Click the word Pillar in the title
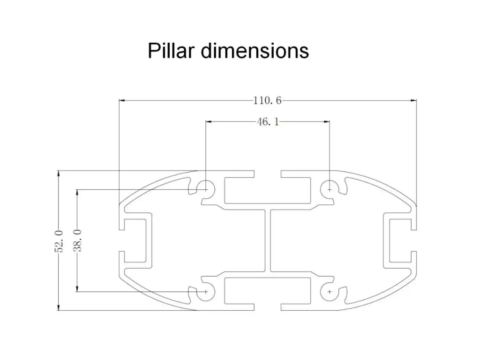pos(172,51)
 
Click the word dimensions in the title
pos(255,51)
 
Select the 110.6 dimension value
pos(267,100)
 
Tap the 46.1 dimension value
pos(268,122)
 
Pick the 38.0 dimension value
pos(77,240)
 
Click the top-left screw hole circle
pos(206,189)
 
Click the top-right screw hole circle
pos(330,189)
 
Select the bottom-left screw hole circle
pos(206,292)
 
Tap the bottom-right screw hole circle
pos(330,292)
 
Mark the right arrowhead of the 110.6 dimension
pos(413,100)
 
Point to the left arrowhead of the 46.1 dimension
pos(209,121)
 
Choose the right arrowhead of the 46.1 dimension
pos(326,121)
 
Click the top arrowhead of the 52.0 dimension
pos(58,173)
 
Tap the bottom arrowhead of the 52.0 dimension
pos(58,307)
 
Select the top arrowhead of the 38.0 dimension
pos(77,193)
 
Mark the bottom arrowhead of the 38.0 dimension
pos(77,288)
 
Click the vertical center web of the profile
pos(268,240)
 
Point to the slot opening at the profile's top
pos(268,174)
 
